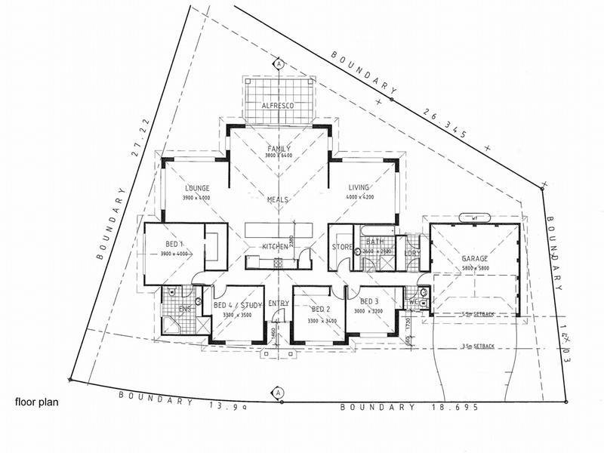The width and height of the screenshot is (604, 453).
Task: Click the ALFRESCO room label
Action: tap(277, 106)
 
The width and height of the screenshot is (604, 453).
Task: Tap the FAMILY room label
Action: tap(279, 148)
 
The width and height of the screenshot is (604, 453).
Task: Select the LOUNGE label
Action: tap(196, 188)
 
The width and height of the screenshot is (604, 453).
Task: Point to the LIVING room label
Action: tap(361, 188)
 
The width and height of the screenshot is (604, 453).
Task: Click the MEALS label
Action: tap(279, 200)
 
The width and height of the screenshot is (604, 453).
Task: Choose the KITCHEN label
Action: tap(275, 247)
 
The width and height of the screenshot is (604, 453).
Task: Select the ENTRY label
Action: tap(279, 304)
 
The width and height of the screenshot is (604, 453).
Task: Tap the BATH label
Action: tap(375, 242)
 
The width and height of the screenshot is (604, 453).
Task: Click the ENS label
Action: tap(183, 310)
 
